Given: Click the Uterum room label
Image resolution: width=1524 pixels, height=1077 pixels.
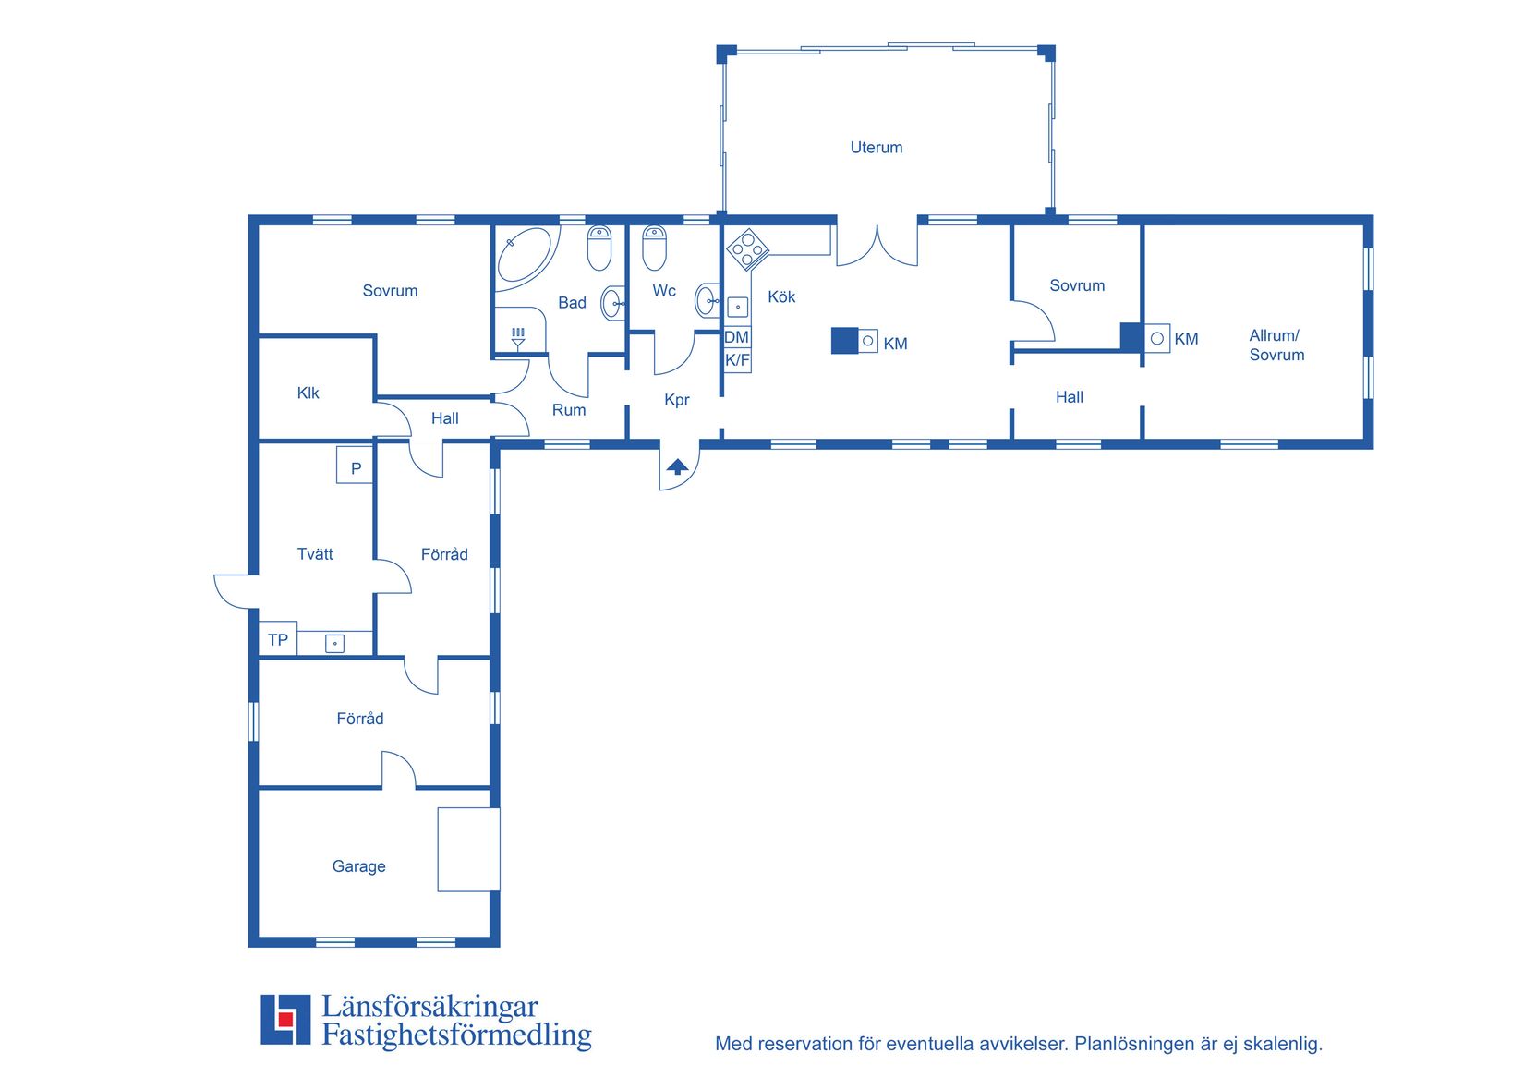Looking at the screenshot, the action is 877,148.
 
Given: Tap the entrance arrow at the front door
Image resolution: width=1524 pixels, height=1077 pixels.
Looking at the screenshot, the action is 677,466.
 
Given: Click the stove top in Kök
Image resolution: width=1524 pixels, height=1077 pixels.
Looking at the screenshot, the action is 748,248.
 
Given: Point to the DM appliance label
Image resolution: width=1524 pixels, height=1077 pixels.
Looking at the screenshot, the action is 736,337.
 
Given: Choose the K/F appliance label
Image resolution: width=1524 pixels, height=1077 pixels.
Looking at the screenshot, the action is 737,360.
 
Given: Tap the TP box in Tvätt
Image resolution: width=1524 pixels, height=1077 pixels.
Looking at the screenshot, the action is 278,639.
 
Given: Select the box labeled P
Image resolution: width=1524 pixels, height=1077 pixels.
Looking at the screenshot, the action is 355,465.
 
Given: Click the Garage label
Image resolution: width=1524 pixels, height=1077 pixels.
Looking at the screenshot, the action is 358,866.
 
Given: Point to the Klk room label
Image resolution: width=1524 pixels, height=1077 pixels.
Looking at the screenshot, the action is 308,393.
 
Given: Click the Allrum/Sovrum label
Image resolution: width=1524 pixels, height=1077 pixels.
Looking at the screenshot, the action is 1276,345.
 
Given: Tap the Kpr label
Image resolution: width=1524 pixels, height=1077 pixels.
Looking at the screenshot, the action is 676,400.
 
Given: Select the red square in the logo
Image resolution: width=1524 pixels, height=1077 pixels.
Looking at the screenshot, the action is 285,1019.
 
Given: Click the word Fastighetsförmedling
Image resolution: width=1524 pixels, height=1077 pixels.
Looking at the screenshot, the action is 456,1035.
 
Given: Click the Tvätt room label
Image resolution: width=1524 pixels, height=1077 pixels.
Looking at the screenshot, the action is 315,554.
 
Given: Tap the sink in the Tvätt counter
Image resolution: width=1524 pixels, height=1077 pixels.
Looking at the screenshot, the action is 334,644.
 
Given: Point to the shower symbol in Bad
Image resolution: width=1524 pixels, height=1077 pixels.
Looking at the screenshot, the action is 518,338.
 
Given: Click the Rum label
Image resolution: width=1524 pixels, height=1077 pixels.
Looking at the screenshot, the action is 569,410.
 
